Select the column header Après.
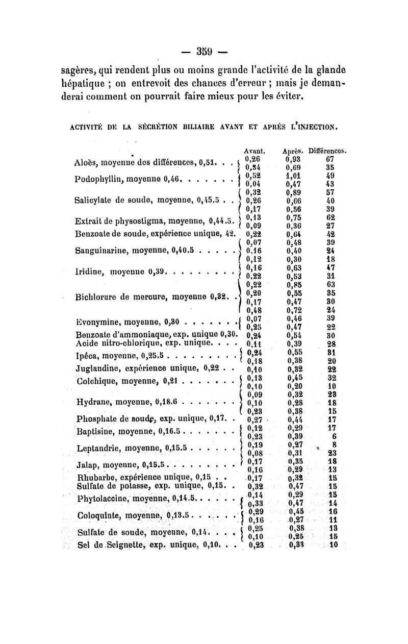click(x=291, y=151)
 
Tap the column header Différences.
click(x=327, y=151)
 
